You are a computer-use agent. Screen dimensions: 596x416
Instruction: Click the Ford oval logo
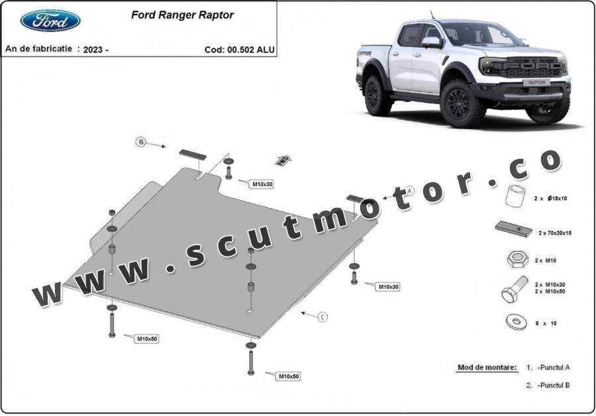[x=50, y=21]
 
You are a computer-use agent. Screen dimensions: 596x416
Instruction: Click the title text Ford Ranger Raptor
[x=183, y=15]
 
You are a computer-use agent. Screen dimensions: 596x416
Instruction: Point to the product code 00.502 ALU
[x=251, y=50]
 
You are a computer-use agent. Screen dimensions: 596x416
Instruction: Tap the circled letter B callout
[x=141, y=142]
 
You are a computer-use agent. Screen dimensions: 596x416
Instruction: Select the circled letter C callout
[x=323, y=317]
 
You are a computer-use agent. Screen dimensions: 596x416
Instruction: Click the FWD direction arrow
[x=283, y=160]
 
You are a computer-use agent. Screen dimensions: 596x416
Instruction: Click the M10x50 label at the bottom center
[x=289, y=376]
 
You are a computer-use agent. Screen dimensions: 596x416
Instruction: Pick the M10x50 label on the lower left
[x=147, y=338]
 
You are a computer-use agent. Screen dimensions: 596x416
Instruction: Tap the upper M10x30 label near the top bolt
[x=263, y=184]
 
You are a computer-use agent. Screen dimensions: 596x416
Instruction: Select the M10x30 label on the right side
[x=388, y=287]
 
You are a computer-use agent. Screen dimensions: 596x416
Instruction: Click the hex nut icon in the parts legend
[x=517, y=260]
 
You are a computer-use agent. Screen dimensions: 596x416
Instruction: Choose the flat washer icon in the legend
[x=516, y=322]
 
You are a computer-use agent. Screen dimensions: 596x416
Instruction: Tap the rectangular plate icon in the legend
[x=514, y=229]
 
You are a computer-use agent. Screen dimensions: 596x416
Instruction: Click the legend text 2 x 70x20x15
[x=555, y=233]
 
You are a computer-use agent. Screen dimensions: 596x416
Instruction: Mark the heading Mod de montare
[x=487, y=368]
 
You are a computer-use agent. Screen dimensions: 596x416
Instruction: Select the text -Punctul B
[x=554, y=386]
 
